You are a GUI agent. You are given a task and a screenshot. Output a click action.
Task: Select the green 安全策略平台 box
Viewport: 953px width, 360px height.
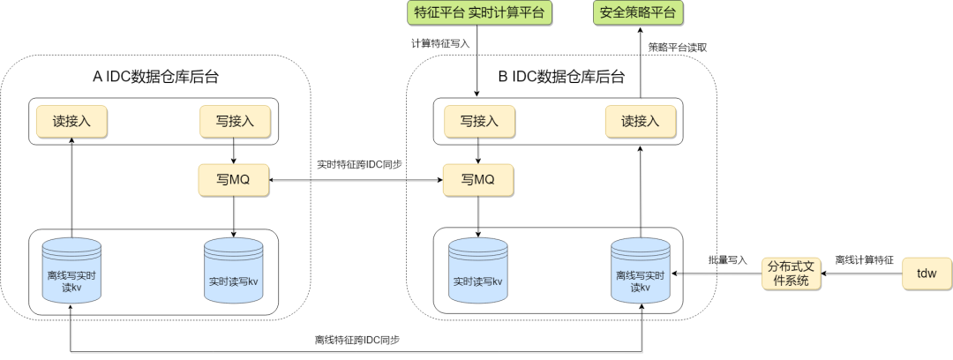point(640,13)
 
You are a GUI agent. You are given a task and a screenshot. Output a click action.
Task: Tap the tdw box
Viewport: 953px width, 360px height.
point(927,274)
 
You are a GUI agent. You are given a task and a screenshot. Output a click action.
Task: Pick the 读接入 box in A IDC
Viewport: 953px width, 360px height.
point(71,121)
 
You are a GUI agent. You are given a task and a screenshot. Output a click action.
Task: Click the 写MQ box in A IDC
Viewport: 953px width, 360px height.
point(233,181)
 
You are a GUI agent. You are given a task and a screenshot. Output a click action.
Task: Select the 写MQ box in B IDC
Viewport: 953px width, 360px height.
point(478,181)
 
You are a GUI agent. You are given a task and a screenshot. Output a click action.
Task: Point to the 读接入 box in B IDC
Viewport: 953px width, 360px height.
point(641,121)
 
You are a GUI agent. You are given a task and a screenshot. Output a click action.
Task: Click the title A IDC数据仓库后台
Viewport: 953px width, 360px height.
point(156,77)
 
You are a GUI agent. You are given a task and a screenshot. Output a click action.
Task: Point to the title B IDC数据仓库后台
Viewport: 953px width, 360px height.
point(560,77)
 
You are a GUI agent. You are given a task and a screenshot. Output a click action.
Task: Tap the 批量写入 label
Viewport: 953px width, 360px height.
point(727,260)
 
